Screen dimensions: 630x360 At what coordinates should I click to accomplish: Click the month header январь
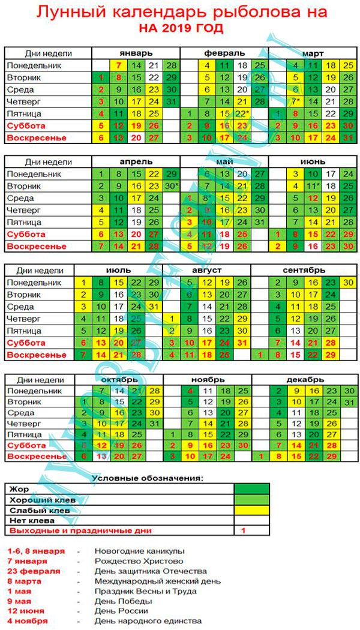tap(136, 53)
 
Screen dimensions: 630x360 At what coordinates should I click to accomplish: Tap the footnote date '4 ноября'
tap(27, 621)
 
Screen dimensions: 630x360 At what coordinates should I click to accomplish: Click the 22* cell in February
tap(243, 113)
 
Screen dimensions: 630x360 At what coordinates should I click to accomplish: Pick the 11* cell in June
tap(313, 185)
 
